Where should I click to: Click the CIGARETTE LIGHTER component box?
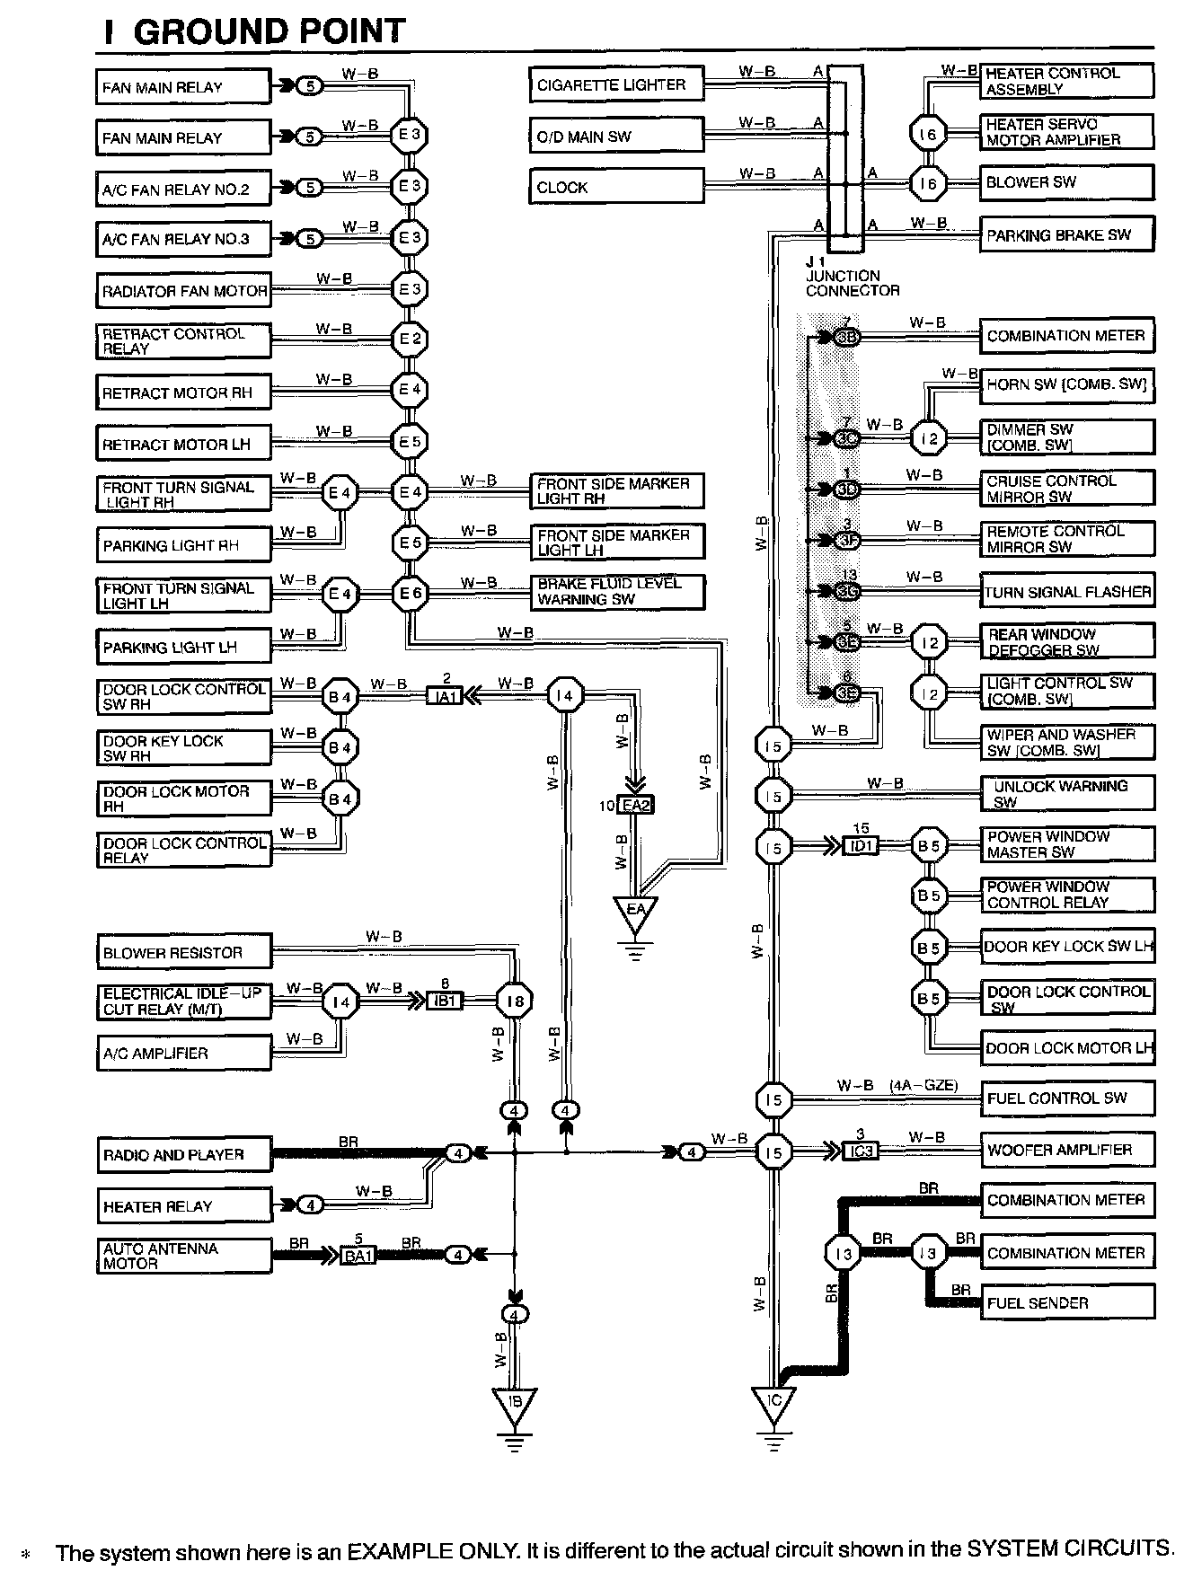615,85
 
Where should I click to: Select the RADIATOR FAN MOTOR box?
183,291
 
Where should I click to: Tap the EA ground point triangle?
636,911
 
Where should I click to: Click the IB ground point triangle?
514,1402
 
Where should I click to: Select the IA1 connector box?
445,695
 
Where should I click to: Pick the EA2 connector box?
636,806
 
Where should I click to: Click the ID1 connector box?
861,846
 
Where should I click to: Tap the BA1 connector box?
358,1255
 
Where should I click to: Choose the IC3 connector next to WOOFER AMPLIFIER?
861,1151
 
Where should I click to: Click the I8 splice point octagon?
515,1000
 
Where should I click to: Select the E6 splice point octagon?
411,593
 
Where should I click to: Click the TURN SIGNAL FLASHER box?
1067,592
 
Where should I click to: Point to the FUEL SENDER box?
1067,1302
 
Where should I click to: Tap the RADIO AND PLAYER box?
183,1155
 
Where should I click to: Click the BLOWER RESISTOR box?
183,953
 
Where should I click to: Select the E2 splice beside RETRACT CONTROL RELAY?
411,339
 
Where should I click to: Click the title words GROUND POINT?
269,32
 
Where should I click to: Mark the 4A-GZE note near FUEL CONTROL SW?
923,1086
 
